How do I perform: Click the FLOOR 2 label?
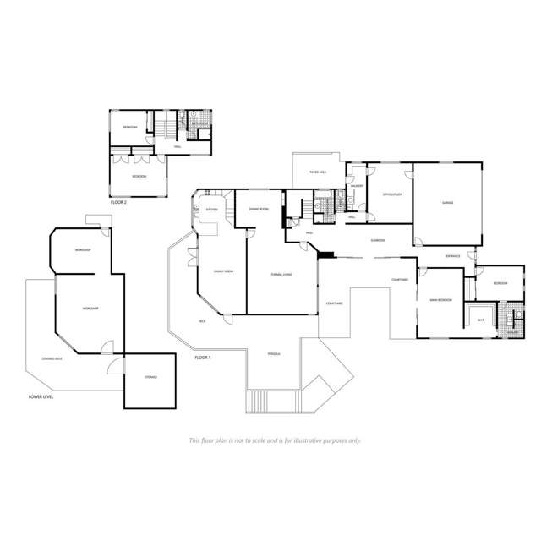pos(118,204)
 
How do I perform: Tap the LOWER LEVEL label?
pos(41,396)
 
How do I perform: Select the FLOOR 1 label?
pos(202,358)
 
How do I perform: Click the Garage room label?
pos(447,204)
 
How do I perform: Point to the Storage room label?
pos(150,378)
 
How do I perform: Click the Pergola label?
pos(274,353)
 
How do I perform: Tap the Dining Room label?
pos(258,208)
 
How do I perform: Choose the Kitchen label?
pos(211,209)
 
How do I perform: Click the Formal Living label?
pos(281,274)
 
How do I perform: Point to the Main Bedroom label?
pos(440,299)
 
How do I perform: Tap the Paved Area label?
pos(318,172)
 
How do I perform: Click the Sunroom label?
pos(378,240)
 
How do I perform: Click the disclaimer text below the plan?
pos(275,440)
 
